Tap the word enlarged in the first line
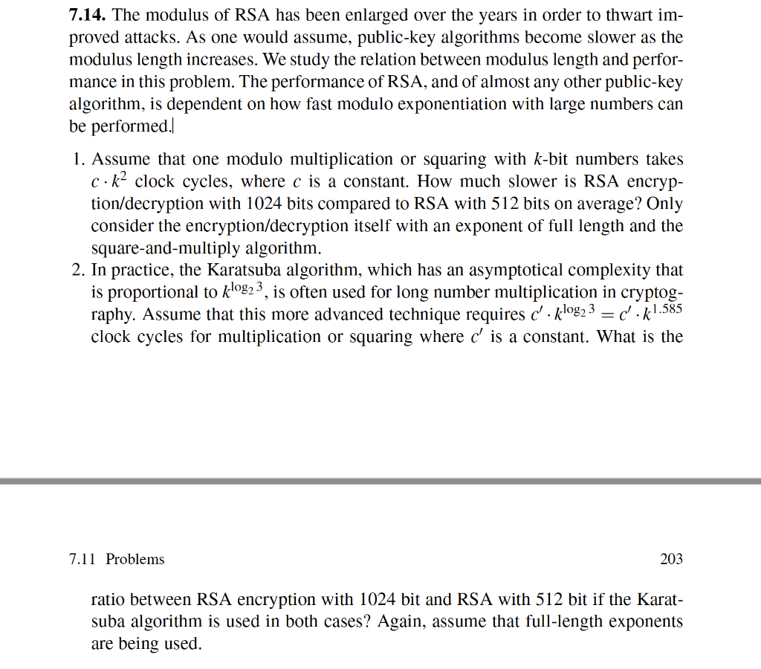[x=353, y=16]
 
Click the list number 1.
[x=78, y=159]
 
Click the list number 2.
[x=78, y=271]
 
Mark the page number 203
[x=671, y=559]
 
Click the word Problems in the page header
[x=135, y=559]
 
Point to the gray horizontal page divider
[x=380, y=481]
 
